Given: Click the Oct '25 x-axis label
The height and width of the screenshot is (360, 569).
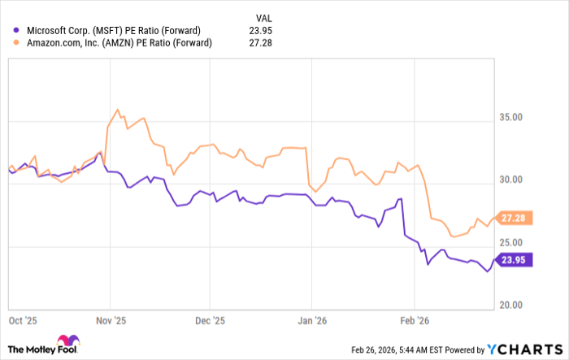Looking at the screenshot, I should (x=20, y=321).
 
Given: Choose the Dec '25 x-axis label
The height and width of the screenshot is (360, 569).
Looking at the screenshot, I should (x=210, y=321).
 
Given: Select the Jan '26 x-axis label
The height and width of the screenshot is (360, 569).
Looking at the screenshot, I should (x=313, y=321).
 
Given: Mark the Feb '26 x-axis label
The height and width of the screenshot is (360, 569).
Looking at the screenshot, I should (x=415, y=321).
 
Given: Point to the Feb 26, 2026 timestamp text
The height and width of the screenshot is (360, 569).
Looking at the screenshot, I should (x=414, y=347).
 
